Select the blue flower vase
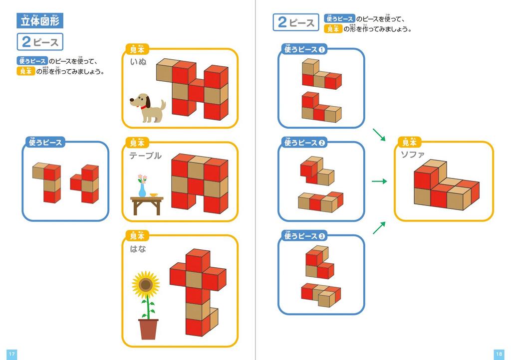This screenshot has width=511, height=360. tap(143, 190)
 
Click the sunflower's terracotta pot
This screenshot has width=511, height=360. tap(148, 330)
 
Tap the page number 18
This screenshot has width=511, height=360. tap(499, 354)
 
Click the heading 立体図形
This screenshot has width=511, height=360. tap(40, 20)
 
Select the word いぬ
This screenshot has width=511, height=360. tap(138, 62)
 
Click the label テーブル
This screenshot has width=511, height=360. tap(145, 156)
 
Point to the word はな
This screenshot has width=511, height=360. tap(138, 249)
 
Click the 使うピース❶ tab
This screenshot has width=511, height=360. tap(304, 49)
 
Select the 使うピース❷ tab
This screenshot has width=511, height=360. tap(304, 143)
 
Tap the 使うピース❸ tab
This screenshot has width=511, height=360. tap(304, 236)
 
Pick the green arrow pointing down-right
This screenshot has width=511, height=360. tap(379, 134)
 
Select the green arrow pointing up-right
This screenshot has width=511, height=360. tap(379, 227)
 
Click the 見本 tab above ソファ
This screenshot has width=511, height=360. tap(409, 142)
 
